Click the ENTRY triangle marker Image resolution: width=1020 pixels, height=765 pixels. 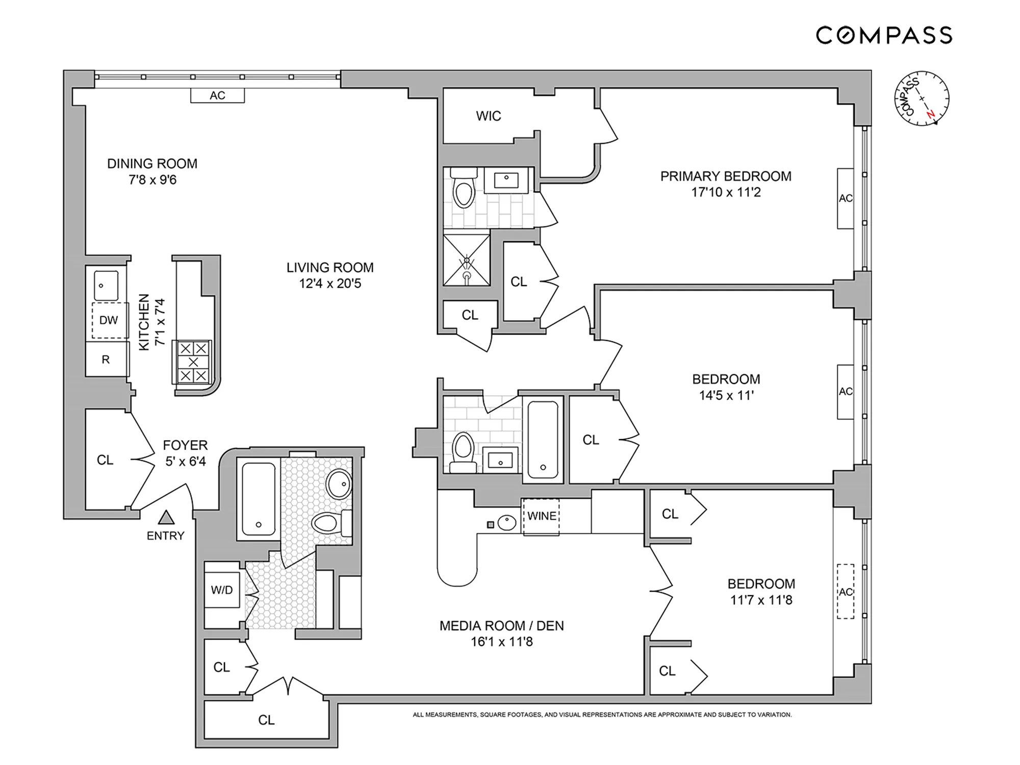[x=166, y=518]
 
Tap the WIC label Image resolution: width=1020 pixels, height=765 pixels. [x=488, y=116]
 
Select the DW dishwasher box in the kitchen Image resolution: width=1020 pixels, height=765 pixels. [x=109, y=320]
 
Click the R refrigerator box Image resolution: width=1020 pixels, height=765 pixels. [x=106, y=360]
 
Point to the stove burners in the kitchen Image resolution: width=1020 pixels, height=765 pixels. [x=193, y=362]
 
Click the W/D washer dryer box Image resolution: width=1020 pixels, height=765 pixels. [x=222, y=590]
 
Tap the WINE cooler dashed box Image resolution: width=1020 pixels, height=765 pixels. [x=541, y=516]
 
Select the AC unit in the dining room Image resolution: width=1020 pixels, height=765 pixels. [x=217, y=95]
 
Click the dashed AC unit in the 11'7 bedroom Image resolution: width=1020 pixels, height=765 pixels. [x=846, y=592]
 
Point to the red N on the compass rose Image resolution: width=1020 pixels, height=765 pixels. [x=930, y=115]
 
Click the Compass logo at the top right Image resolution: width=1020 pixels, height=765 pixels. [x=884, y=35]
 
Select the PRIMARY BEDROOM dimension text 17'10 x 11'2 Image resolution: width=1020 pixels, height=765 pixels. [x=726, y=192]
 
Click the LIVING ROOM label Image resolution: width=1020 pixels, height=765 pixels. [x=330, y=267]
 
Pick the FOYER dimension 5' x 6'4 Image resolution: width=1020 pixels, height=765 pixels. [x=185, y=462]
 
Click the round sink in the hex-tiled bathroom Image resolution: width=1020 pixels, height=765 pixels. [x=339, y=484]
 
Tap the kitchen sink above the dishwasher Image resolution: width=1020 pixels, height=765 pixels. [x=106, y=286]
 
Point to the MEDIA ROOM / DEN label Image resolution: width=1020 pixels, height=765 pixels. [x=501, y=626]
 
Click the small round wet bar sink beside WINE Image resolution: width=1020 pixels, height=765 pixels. [x=506, y=523]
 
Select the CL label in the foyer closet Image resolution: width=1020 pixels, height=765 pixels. [x=105, y=460]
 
